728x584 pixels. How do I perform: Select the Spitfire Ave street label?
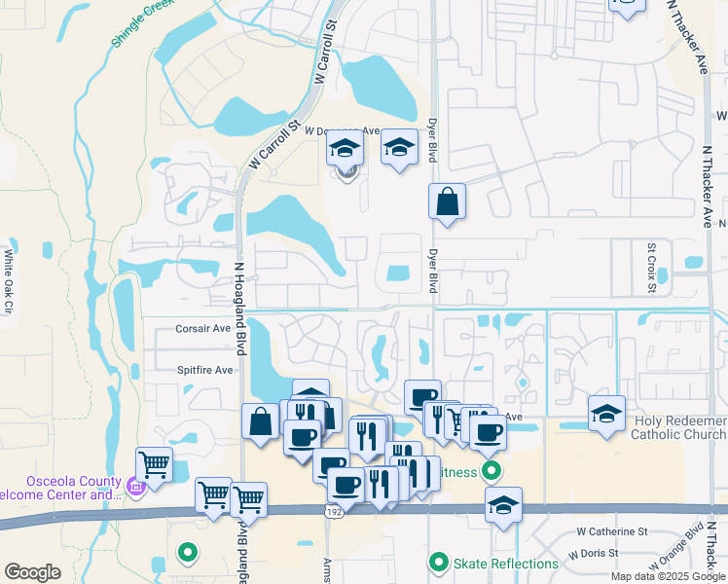pos(204,370)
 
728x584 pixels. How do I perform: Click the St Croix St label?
pos(652,267)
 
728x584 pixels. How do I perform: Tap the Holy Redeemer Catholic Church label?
pos(679,427)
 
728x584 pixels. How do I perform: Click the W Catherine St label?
pos(612,531)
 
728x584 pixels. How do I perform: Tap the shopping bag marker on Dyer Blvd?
pos(447,201)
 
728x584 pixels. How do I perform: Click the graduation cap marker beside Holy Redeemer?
pos(606,414)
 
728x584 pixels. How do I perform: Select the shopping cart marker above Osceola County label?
pos(155,463)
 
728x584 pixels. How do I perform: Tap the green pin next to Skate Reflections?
pos(439,563)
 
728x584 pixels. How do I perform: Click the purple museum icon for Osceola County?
pos(136,486)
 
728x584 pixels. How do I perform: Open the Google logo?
pos(32,572)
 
